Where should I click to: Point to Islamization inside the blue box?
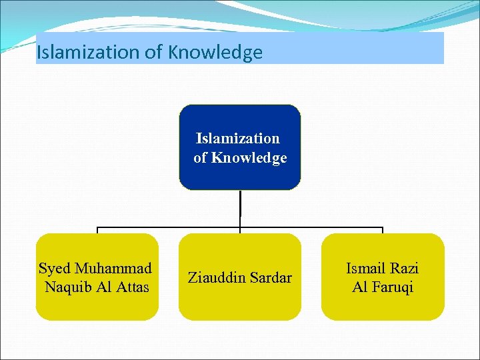(238, 139)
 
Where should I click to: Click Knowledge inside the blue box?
(249, 158)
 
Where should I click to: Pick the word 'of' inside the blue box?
(201, 158)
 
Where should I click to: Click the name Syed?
(55, 269)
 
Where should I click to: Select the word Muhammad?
(113, 269)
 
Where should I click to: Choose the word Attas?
(133, 287)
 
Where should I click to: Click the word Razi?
(405, 269)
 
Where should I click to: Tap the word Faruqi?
(393, 287)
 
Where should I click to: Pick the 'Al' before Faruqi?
(360, 287)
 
